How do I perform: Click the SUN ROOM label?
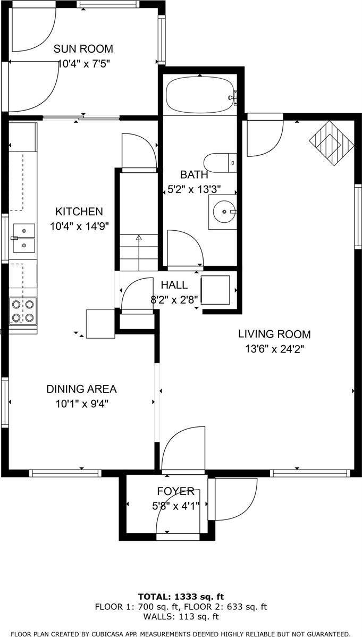pos(83,49)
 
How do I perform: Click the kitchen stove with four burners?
pos(23,311)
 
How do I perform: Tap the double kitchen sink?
pos(23,238)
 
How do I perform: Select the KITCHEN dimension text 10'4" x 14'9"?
pos(79,226)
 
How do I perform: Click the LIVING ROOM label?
pos(274,334)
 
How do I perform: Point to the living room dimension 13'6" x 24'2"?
pos(274,349)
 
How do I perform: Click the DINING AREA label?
pos(81,389)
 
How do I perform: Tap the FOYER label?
pos(175,491)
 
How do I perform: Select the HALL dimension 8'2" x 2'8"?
pos(174,299)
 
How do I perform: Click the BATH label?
pos(194,174)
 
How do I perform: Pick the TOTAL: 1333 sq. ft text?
pos(181,596)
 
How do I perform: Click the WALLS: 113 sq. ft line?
pos(181,617)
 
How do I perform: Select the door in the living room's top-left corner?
pos(264,138)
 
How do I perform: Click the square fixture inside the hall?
pos(215,290)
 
